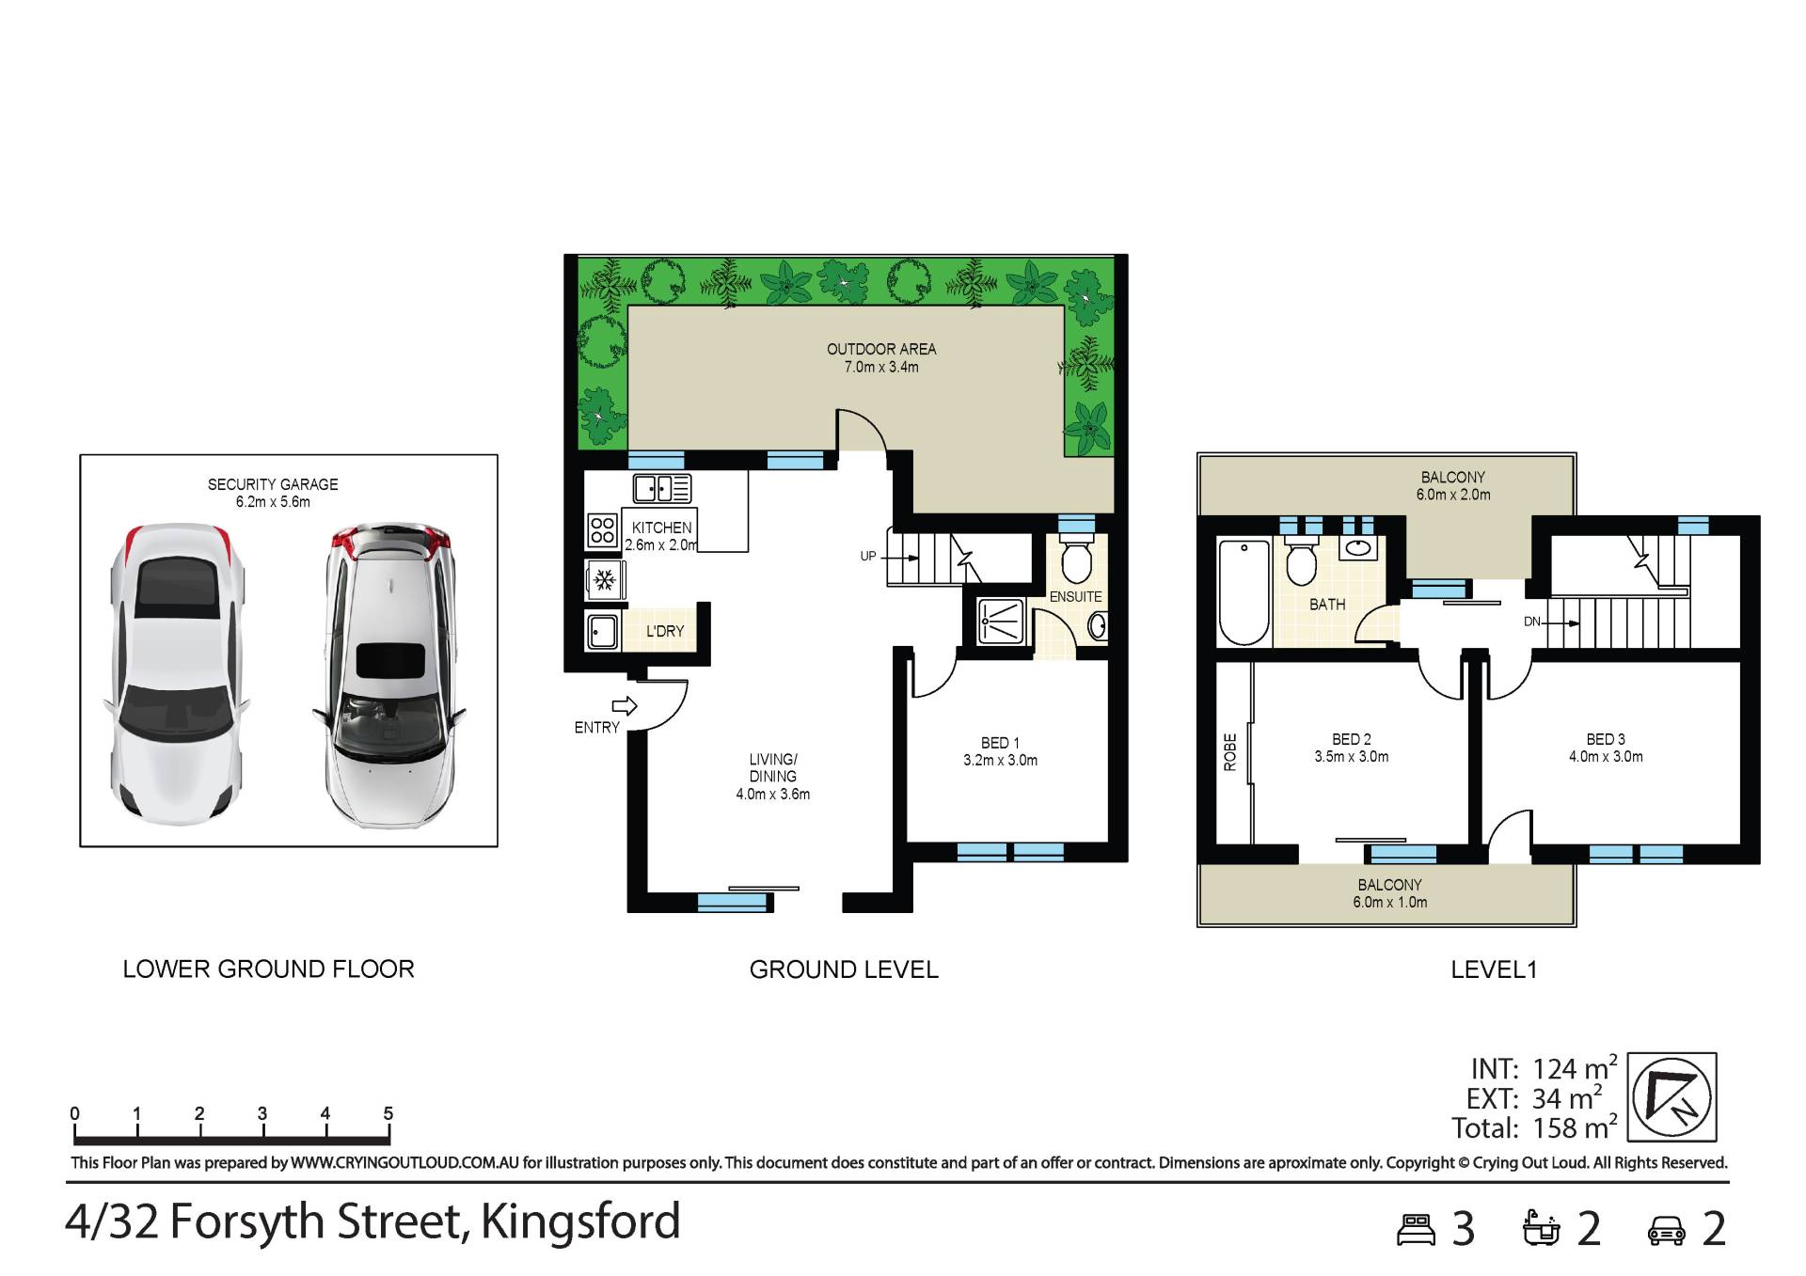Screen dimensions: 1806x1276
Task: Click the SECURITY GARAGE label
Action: (x=273, y=484)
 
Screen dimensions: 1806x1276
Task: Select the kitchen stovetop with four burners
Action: (x=602, y=529)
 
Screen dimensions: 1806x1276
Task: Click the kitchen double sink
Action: (x=662, y=489)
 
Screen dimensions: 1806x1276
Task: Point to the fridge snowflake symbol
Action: (x=604, y=579)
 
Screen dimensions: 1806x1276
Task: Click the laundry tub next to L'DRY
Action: (x=602, y=631)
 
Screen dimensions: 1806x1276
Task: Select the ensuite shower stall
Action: (x=998, y=622)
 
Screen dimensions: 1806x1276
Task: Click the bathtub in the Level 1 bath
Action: (x=1244, y=591)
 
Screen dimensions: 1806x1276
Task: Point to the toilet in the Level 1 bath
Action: (x=1302, y=560)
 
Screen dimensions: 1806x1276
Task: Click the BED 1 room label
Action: (x=1000, y=743)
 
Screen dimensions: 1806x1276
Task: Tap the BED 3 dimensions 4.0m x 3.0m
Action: (x=1606, y=756)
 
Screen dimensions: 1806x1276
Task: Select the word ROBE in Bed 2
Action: (x=1230, y=752)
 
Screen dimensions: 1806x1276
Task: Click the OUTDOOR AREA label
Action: (x=881, y=349)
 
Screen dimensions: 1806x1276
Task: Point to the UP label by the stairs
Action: (x=868, y=556)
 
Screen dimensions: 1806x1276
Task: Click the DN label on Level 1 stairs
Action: (x=1532, y=622)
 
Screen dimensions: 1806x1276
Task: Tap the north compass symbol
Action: (x=1672, y=1096)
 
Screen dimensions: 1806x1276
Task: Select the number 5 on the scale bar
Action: (x=388, y=1113)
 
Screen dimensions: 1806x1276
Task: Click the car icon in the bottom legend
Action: (x=1666, y=1230)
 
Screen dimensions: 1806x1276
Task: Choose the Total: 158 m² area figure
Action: (x=1535, y=1126)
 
